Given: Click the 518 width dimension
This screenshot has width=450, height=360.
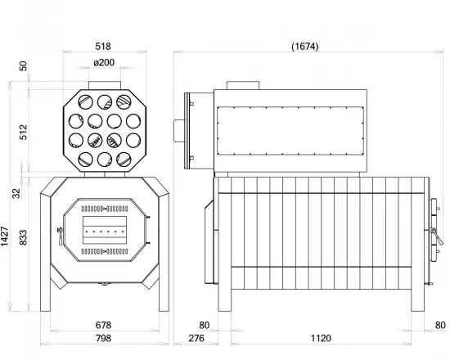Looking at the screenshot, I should [103, 47].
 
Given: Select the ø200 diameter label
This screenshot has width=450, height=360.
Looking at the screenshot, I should [103, 63].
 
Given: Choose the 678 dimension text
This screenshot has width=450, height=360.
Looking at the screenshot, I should [103, 325].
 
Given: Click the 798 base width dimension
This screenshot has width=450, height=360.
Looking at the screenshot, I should [103, 338].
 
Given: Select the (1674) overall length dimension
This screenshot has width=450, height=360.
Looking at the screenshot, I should [304, 47].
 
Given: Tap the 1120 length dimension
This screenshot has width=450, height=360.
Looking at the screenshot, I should [320, 338].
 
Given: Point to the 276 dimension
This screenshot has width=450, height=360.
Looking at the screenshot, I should [196, 338].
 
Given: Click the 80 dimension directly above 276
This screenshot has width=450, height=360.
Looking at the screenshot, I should [204, 325].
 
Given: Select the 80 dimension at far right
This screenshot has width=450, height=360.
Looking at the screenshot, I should [441, 325].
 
